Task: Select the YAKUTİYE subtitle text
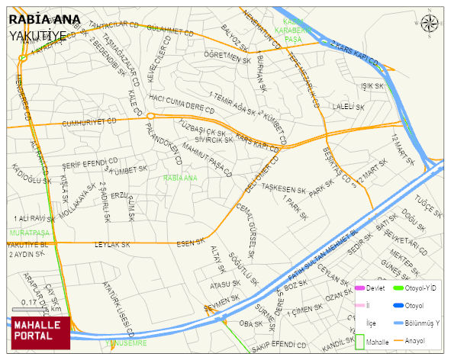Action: point(37,36)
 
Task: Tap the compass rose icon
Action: point(430,24)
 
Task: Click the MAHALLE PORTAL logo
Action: point(40,332)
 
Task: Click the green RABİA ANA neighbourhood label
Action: point(180,178)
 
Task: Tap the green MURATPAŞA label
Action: point(29,232)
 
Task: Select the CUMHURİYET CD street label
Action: point(89,121)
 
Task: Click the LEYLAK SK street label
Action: point(112,245)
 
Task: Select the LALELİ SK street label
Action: point(349,108)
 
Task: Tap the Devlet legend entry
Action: point(374,288)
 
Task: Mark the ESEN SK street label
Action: point(190,244)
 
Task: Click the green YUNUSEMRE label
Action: point(126,344)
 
